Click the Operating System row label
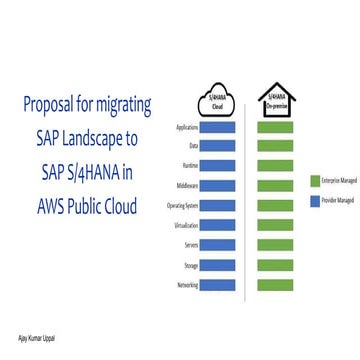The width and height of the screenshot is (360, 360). click(182, 206)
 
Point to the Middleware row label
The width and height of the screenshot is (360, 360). click(186, 186)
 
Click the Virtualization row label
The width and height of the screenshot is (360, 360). click(185, 226)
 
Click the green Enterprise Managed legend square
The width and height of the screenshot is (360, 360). click(313, 180)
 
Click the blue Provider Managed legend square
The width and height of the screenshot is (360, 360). click(313, 200)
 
